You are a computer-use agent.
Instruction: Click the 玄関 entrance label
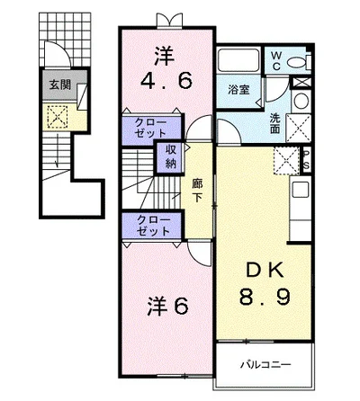click(x=60, y=85)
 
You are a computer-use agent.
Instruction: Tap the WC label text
click(x=276, y=60)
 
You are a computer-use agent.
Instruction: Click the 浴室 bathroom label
click(x=238, y=90)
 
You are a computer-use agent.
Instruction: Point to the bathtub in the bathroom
click(x=238, y=60)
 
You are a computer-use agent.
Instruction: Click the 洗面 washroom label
click(x=274, y=123)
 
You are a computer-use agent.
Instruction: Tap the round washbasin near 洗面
click(x=301, y=101)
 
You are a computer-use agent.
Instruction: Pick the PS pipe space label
click(x=307, y=160)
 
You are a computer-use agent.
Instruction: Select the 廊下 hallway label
click(x=197, y=191)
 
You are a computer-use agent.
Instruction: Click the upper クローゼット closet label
click(x=150, y=128)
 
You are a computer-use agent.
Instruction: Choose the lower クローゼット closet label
click(x=153, y=226)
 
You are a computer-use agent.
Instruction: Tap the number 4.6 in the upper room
click(x=166, y=81)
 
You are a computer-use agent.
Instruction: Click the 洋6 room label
click(x=167, y=306)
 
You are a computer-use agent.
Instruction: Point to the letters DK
click(x=264, y=271)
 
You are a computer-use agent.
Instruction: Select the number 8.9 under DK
click(x=265, y=296)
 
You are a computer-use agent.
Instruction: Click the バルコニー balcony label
click(x=265, y=365)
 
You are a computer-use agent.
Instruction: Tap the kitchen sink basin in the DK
click(x=301, y=189)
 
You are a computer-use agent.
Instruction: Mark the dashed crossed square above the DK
click(x=286, y=161)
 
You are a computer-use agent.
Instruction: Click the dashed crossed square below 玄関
click(x=58, y=117)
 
